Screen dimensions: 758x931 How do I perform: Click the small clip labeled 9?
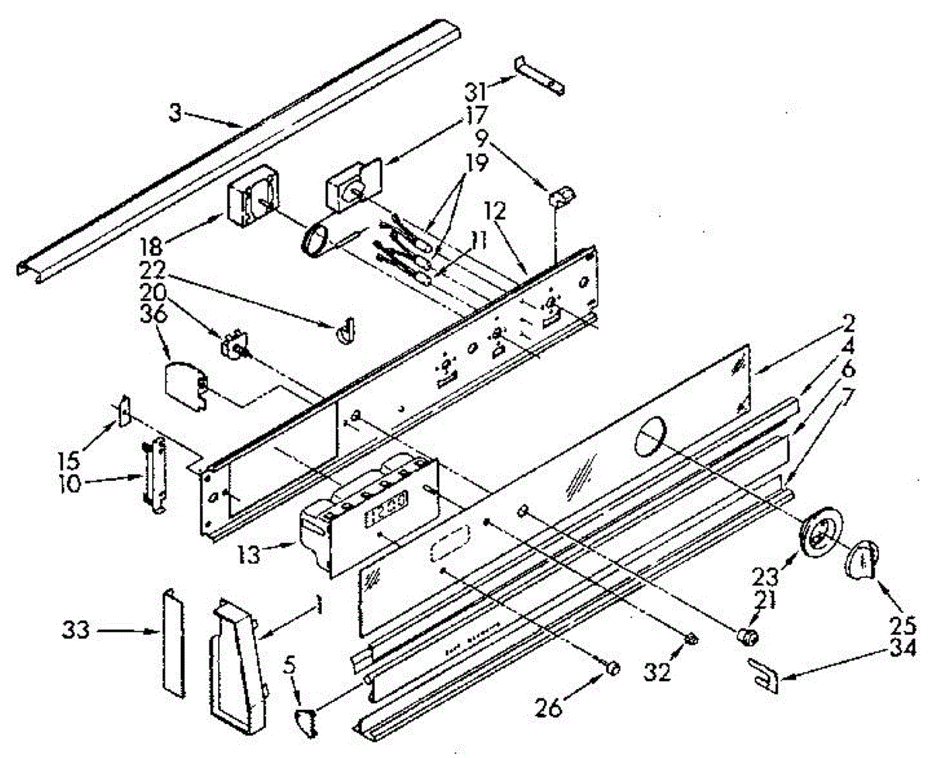click(x=561, y=195)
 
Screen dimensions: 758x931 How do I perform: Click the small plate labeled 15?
click(x=123, y=412)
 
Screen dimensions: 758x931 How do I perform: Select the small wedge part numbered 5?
click(x=307, y=722)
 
